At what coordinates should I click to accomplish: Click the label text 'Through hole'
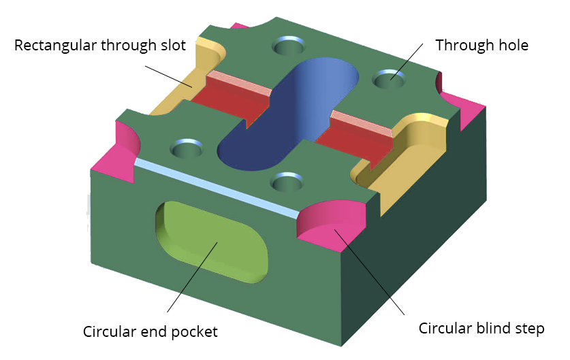[x=481, y=46]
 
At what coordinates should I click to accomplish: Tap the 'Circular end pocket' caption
[x=150, y=332]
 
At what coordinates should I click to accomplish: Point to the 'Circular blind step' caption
[x=481, y=329]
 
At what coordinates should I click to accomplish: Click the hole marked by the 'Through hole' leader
[x=389, y=80]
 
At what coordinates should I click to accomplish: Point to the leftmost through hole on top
[x=186, y=147]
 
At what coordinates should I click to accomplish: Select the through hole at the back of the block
[x=289, y=46]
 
